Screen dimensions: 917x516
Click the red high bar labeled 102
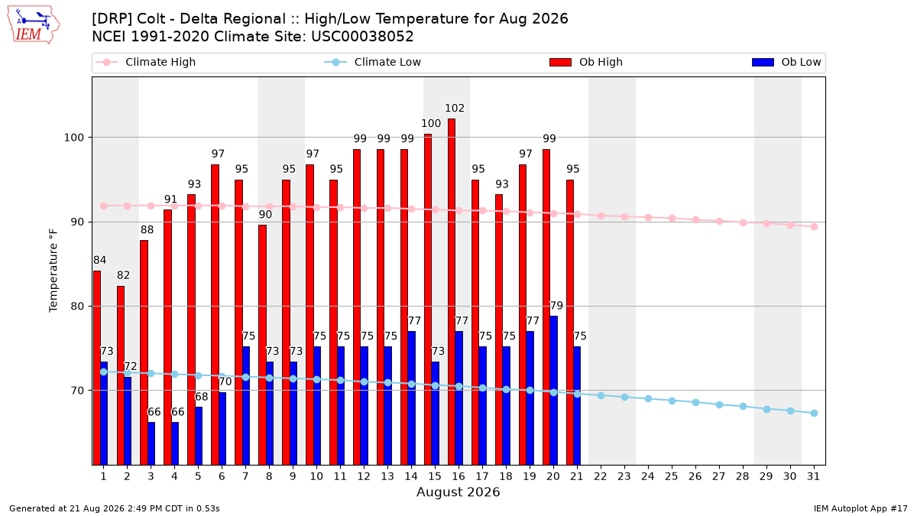point(451,291)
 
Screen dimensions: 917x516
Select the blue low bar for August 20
point(553,391)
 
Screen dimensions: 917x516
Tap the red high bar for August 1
point(96,368)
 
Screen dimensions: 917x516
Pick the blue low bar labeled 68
point(199,436)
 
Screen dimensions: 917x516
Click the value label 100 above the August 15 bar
point(431,123)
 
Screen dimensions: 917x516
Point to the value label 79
point(556,306)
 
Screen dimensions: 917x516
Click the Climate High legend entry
point(146,62)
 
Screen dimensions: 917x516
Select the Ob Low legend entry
point(786,62)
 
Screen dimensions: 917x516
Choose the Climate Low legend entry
point(373,62)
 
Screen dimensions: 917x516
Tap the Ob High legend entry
point(586,62)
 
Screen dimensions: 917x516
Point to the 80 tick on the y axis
point(73,307)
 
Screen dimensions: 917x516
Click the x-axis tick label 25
point(672,476)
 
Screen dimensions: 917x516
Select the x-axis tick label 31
point(813,476)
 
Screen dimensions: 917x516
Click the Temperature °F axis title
point(53,271)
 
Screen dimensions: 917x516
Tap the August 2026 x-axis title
point(458,492)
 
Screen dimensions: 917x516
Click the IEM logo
point(33,25)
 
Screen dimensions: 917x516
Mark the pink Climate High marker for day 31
point(814,226)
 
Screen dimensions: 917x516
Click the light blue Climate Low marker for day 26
point(695,403)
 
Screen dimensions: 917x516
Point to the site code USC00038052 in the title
point(362,37)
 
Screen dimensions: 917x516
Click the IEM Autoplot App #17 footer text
point(860,508)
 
